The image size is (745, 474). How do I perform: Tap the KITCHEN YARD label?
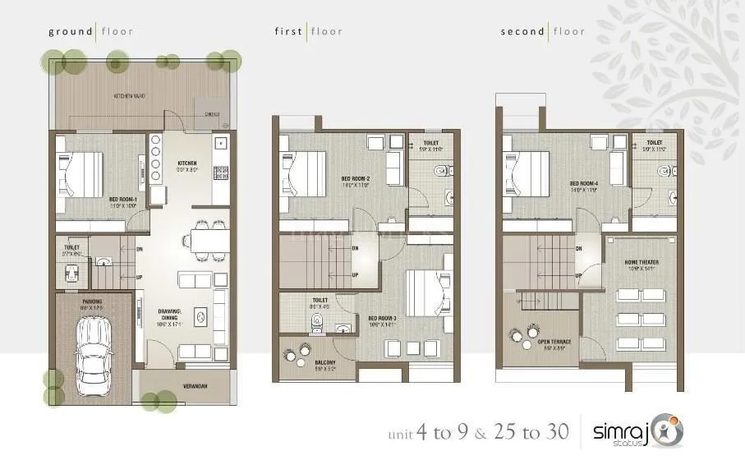tap(130, 96)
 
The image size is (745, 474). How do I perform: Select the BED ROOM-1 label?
tap(122, 198)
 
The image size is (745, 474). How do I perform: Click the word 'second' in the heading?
tap(522, 32)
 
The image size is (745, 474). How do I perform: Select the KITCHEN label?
tap(187, 163)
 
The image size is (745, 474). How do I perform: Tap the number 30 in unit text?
tap(556, 432)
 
